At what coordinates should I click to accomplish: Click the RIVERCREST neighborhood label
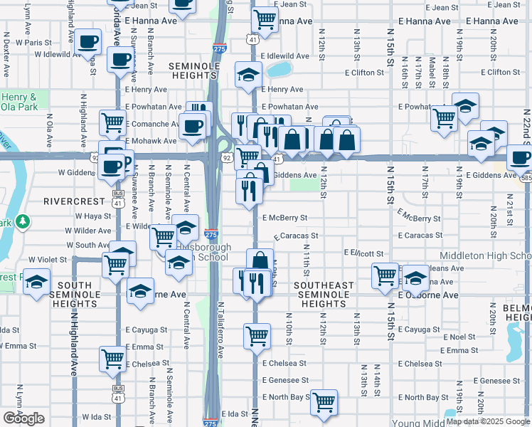[x=75, y=201]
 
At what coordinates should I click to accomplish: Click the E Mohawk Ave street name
[x=151, y=141]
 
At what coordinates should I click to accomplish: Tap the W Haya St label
[x=89, y=216]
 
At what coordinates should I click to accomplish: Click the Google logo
[x=24, y=418]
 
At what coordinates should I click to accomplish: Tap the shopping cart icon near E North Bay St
[x=324, y=401]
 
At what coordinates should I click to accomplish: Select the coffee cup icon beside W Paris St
[x=88, y=42]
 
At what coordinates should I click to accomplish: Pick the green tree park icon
[x=23, y=221]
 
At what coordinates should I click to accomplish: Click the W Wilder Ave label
[x=89, y=231]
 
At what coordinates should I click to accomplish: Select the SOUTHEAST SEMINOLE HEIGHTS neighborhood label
[x=324, y=295]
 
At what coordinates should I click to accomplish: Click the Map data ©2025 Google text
[x=488, y=421]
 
